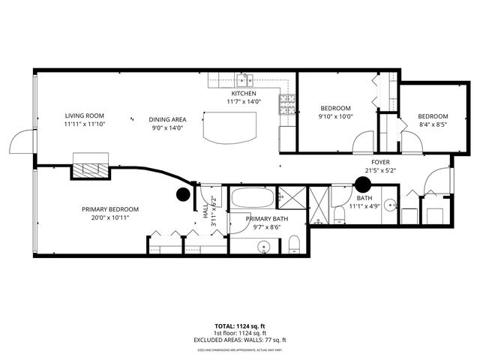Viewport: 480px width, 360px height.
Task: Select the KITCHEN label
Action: pos(243,94)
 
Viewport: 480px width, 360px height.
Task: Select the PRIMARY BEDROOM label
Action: pos(110,209)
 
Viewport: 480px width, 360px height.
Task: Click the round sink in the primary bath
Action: pos(263,245)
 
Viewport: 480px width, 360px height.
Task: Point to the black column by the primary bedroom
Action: pos(182,194)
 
